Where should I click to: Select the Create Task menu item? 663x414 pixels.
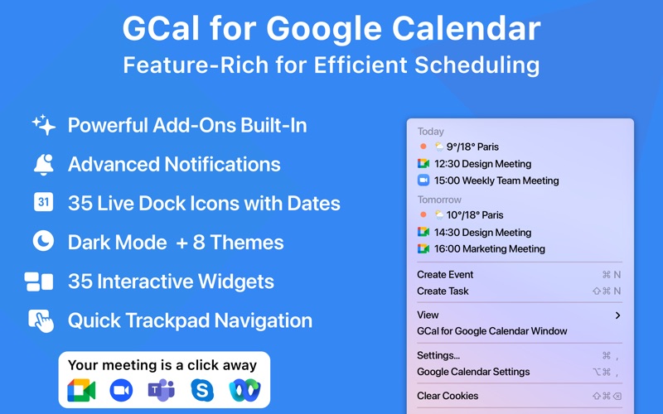pyautogui.click(x=443, y=291)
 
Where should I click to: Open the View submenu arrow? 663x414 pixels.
pyautogui.click(x=617, y=315)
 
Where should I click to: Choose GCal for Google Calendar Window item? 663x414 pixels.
pyautogui.click(x=492, y=331)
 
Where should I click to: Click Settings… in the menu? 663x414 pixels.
pyautogui.click(x=438, y=355)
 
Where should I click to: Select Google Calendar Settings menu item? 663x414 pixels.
pyautogui.click(x=473, y=372)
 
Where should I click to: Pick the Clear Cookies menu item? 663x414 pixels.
pyautogui.click(x=448, y=396)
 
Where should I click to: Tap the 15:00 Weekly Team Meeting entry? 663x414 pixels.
pyautogui.click(x=496, y=181)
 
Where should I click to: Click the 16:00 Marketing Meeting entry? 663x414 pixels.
pyautogui.click(x=489, y=248)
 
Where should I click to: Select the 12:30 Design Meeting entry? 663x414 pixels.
pyautogui.click(x=482, y=164)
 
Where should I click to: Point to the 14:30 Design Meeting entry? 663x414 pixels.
pyautogui.click(x=482, y=233)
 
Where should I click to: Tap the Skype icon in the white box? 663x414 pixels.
pyautogui.click(x=201, y=389)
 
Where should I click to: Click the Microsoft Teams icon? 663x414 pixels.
pyautogui.click(x=161, y=389)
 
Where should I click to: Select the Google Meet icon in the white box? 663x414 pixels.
pyautogui.click(x=81, y=390)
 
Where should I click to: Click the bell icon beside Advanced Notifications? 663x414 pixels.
pyautogui.click(x=43, y=164)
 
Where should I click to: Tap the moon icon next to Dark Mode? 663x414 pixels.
pyautogui.click(x=43, y=242)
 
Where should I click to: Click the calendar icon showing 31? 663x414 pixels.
pyautogui.click(x=43, y=202)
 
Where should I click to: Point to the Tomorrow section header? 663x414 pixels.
pyautogui.click(x=439, y=200)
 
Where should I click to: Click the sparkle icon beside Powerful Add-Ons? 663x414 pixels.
pyautogui.click(x=43, y=125)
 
